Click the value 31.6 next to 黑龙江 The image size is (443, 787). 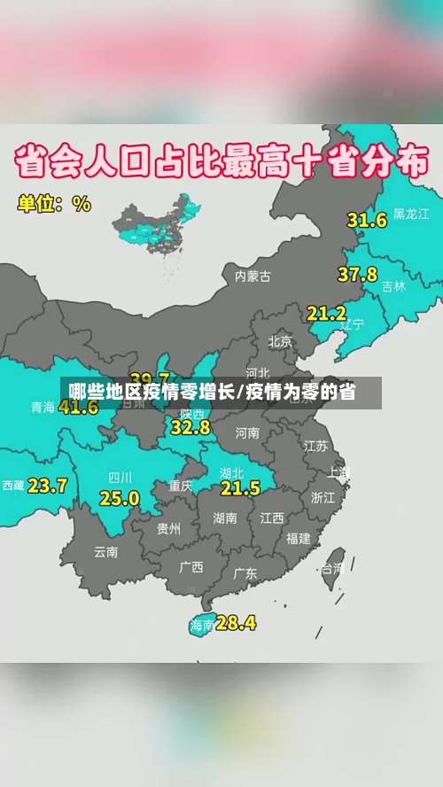tap(367, 220)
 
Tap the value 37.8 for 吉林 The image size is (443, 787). tap(357, 275)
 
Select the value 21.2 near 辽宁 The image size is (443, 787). tap(327, 313)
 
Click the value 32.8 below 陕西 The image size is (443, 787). tap(190, 427)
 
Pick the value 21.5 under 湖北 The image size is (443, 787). tap(240, 487)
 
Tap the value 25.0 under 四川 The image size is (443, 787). tap(119, 498)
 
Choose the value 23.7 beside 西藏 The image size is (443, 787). tap(47, 486)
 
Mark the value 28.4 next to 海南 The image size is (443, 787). tap(236, 623)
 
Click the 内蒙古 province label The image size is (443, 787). tap(253, 276)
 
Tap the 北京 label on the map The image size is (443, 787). tap(280, 340)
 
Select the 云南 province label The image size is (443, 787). tap(105, 551)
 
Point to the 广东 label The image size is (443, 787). tap(245, 573)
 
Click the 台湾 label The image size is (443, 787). tap(331, 567)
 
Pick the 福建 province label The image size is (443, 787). tap(298, 538)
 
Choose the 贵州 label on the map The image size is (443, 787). tap(168, 529)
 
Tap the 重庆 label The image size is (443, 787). tap(181, 486)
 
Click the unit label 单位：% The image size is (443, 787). tap(54, 203)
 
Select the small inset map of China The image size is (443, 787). tap(160, 225)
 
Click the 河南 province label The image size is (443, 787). tap(247, 433)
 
